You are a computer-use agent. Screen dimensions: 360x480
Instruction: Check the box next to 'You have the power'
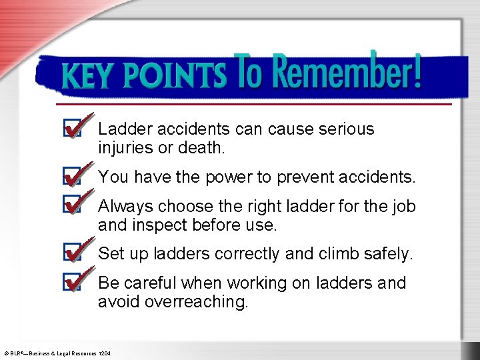71,177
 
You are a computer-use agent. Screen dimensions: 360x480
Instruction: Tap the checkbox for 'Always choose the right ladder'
71,205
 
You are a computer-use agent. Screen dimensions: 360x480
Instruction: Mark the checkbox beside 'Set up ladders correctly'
71,253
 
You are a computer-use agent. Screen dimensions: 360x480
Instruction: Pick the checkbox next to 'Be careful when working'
71,283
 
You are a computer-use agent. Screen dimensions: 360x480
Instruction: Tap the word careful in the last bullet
149,283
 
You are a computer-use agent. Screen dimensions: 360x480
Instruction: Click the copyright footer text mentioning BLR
57,351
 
